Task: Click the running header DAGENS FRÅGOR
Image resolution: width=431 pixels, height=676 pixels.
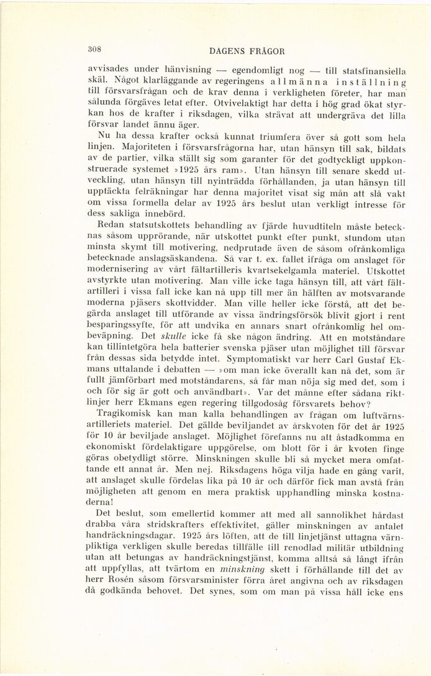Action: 247,52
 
